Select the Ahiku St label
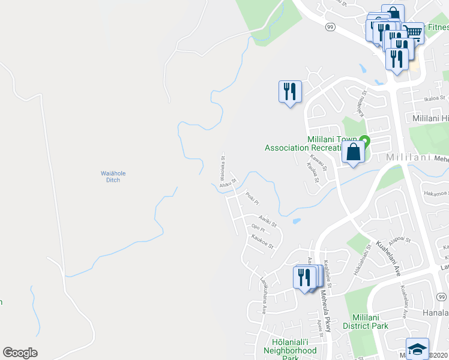pos(229,181)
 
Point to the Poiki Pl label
pos(252,198)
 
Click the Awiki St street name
pos(267,221)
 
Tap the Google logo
pos(20,353)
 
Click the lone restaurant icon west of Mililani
pos(290,92)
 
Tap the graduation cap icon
pos(417,349)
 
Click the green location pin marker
pos(364,142)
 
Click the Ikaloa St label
pos(434,98)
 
